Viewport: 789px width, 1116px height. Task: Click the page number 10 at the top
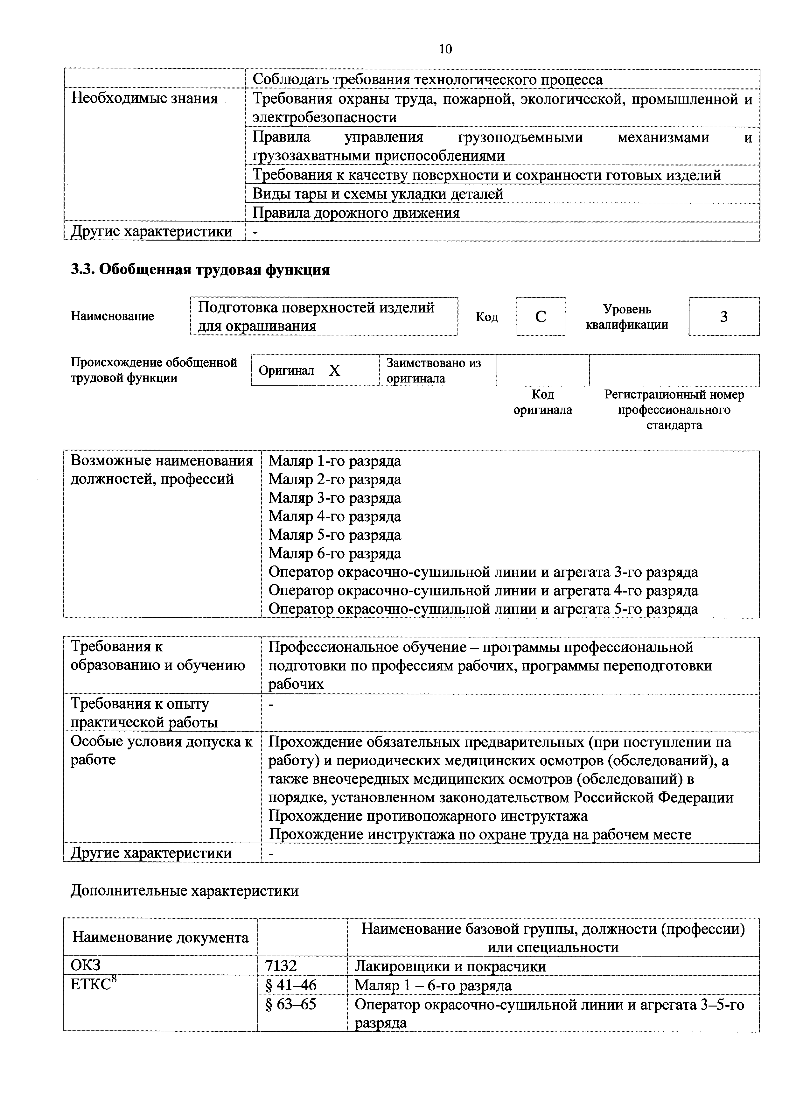pos(445,49)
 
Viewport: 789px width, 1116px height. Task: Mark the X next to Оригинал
pos(334,371)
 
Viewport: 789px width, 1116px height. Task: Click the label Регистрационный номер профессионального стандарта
pos(674,410)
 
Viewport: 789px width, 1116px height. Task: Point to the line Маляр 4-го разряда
pos(335,516)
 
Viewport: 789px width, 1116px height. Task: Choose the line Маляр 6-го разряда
pos(335,553)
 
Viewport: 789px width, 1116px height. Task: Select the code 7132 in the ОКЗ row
pos(281,966)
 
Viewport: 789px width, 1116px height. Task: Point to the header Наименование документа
pos(160,937)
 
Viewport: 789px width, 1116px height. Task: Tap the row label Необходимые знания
pos(144,99)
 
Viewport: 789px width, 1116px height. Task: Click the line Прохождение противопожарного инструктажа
pos(428,816)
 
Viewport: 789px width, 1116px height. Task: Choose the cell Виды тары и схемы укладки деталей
pos(378,194)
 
